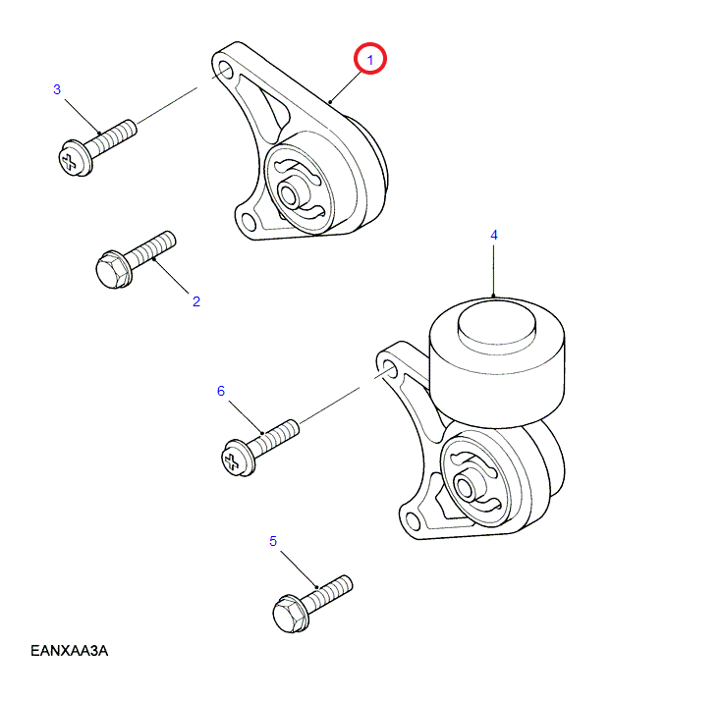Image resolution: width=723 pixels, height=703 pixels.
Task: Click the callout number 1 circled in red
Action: [371, 60]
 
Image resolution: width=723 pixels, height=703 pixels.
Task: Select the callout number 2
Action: [195, 300]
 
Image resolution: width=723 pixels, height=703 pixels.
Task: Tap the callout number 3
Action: [57, 89]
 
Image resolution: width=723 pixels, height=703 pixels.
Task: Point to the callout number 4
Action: [494, 235]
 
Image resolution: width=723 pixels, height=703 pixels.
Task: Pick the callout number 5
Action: [273, 540]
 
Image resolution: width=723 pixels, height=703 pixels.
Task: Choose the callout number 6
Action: [221, 391]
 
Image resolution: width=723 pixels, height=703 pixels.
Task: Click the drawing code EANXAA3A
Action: [68, 650]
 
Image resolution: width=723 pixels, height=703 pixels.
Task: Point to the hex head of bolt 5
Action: [289, 613]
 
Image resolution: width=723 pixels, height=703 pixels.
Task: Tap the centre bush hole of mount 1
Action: [292, 192]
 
